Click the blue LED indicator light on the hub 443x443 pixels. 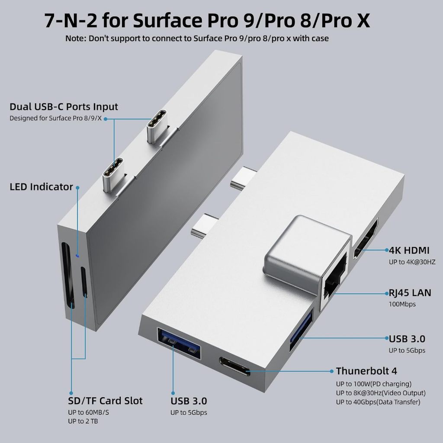[77, 256]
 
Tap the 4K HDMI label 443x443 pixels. [409, 250]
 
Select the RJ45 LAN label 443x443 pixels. [410, 293]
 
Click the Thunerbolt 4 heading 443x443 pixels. [366, 371]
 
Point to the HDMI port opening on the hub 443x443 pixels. [366, 239]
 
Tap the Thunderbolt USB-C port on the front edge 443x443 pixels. [235, 366]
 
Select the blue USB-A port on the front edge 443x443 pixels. [179, 343]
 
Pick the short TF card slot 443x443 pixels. [84, 282]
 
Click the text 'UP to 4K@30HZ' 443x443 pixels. [412, 262]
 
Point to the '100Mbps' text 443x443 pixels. [402, 304]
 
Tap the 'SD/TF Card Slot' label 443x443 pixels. [105, 401]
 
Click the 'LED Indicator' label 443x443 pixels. [41, 187]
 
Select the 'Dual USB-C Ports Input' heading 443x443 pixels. [64, 107]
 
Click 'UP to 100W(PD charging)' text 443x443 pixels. [373, 384]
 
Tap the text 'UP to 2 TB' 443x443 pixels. [83, 421]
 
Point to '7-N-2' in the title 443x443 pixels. [71, 21]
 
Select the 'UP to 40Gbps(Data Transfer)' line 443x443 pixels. [378, 402]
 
